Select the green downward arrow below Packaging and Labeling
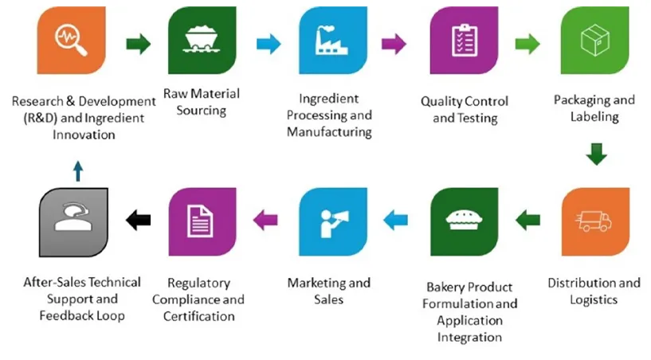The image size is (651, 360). pyautogui.click(x=595, y=155)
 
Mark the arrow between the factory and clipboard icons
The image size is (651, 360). pyautogui.click(x=394, y=44)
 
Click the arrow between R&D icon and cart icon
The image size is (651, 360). pyautogui.click(x=137, y=44)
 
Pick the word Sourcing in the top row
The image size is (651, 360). pyautogui.click(x=201, y=111)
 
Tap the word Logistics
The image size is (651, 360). pyautogui.click(x=594, y=299)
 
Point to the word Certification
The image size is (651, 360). pyautogui.click(x=198, y=315)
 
